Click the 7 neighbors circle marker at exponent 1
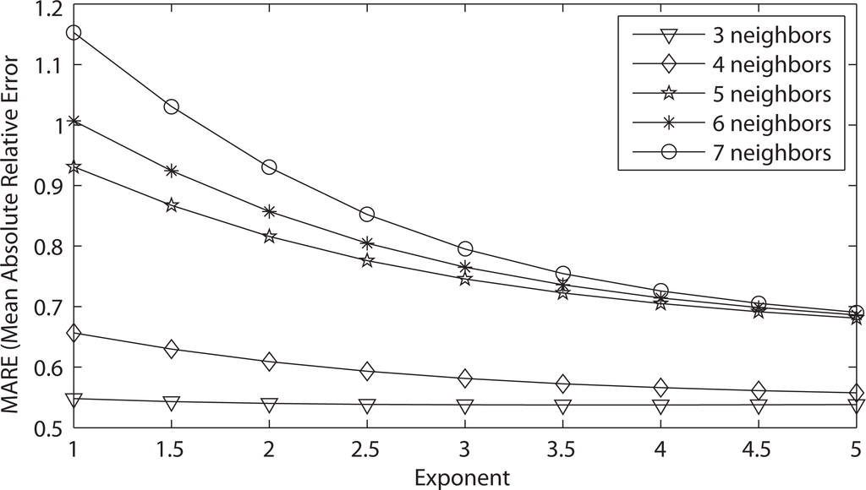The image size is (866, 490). point(74,32)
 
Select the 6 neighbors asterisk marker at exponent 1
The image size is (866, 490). point(74,121)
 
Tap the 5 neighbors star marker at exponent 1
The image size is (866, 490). point(74,167)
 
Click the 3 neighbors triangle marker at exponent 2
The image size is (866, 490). point(269,405)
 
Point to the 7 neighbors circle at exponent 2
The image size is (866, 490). point(269,166)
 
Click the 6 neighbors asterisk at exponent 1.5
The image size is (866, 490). point(172,171)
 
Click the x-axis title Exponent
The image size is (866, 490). point(463,478)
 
